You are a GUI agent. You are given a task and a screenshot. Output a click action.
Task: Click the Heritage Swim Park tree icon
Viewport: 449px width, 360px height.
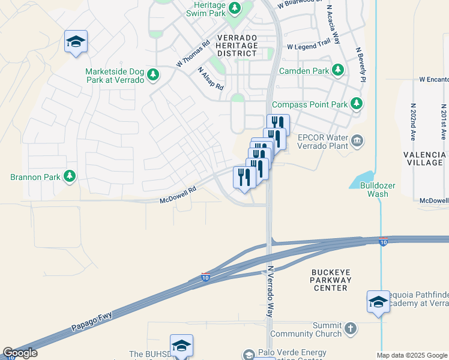point(234,8)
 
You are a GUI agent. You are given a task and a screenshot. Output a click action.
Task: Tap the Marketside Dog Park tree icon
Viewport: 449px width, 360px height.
point(154,74)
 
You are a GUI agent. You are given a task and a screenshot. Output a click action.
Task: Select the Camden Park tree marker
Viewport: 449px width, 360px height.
point(339,70)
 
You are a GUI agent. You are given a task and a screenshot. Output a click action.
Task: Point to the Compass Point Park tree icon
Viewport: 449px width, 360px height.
point(357,104)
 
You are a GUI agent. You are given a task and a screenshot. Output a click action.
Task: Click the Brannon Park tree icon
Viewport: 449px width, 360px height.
point(70,176)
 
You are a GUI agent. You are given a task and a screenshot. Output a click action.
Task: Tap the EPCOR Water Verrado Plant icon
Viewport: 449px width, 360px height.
point(357,141)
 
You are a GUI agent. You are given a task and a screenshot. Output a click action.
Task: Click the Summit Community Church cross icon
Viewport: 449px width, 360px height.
point(351,329)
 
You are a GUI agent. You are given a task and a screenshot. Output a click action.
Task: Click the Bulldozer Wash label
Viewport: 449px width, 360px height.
point(378,190)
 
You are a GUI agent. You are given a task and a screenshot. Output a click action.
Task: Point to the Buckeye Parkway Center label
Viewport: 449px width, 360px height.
point(330,280)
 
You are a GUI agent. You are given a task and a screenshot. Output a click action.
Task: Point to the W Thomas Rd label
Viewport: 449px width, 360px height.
point(193,54)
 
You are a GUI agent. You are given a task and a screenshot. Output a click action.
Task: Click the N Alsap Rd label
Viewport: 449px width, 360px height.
point(210,78)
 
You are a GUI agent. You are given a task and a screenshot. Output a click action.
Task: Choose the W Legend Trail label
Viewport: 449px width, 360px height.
point(309,45)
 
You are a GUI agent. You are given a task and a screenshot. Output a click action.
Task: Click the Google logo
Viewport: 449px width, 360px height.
point(20,353)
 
